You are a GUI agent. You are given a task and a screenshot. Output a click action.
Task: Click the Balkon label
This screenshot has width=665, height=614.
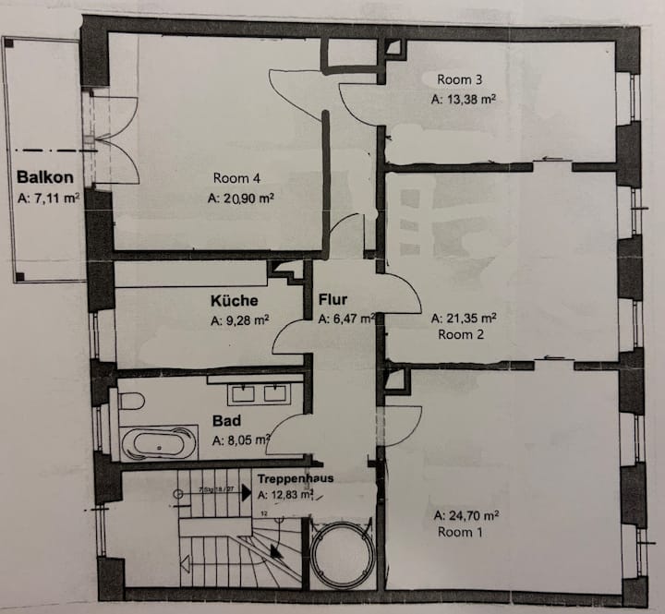click(38, 176)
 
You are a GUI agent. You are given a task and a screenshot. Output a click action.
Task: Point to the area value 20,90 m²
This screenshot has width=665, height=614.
click(244, 198)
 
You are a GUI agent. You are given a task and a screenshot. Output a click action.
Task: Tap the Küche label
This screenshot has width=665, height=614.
click(234, 301)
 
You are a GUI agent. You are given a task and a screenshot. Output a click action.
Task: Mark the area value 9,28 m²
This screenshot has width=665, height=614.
click(239, 321)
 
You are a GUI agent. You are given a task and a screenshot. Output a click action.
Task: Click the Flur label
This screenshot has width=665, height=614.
click(333, 300)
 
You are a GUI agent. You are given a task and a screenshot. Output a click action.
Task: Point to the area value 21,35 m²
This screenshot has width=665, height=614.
click(465, 318)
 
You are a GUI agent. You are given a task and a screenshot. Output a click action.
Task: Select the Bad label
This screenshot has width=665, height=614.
click(226, 420)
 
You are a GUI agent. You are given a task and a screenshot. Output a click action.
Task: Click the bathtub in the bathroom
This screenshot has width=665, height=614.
click(159, 442)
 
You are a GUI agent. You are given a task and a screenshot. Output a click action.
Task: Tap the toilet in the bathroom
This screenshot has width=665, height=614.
click(131, 403)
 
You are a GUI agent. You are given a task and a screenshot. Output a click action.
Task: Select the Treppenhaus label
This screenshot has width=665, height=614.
click(295, 479)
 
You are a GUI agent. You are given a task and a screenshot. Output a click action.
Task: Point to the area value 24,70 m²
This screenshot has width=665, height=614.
click(465, 514)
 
